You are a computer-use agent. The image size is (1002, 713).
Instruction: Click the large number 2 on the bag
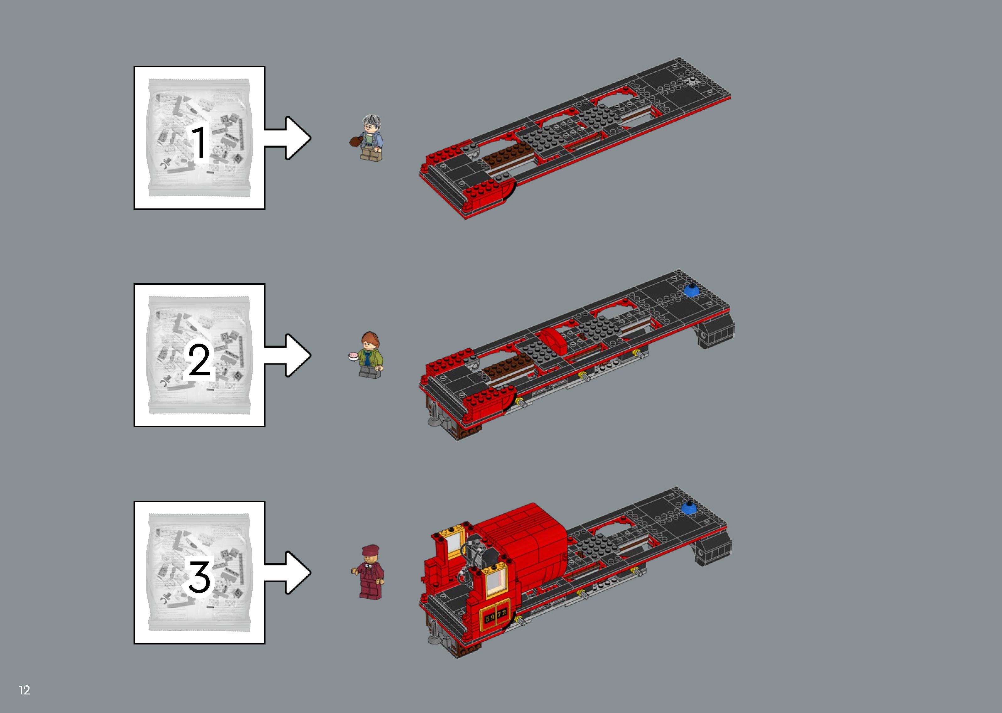pyautogui.click(x=200, y=360)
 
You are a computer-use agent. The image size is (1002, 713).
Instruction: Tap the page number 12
pyautogui.click(x=24, y=690)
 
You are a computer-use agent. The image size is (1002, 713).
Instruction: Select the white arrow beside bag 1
pyautogui.click(x=290, y=138)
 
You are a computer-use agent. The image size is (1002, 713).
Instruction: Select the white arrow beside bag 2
pyautogui.click(x=290, y=355)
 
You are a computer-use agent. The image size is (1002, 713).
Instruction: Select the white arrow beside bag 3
pyautogui.click(x=290, y=572)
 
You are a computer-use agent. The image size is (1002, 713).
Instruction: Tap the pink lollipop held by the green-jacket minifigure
pyautogui.click(x=352, y=356)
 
